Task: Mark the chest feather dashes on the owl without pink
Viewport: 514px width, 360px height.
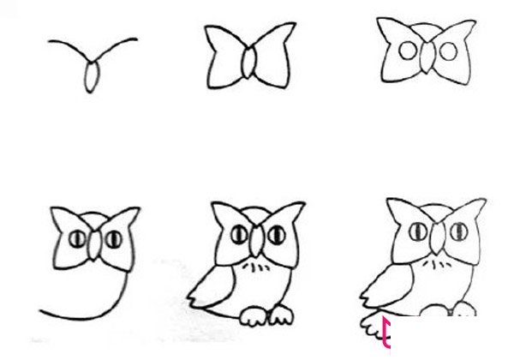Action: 254,269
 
